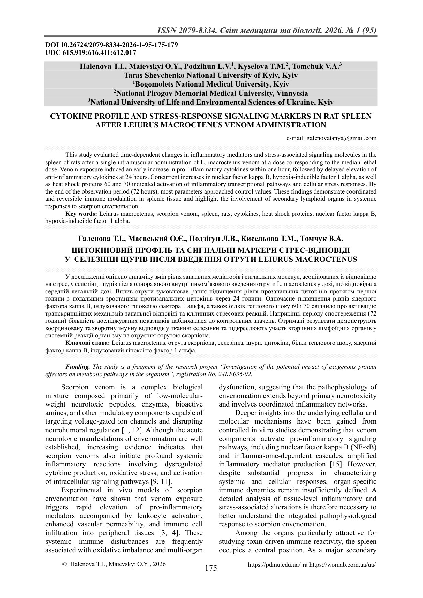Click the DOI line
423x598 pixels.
pyautogui.click(x=111, y=45)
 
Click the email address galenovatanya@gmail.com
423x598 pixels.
pyautogui.click(x=342, y=138)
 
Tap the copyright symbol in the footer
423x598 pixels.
pyautogui.click(x=64, y=564)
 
